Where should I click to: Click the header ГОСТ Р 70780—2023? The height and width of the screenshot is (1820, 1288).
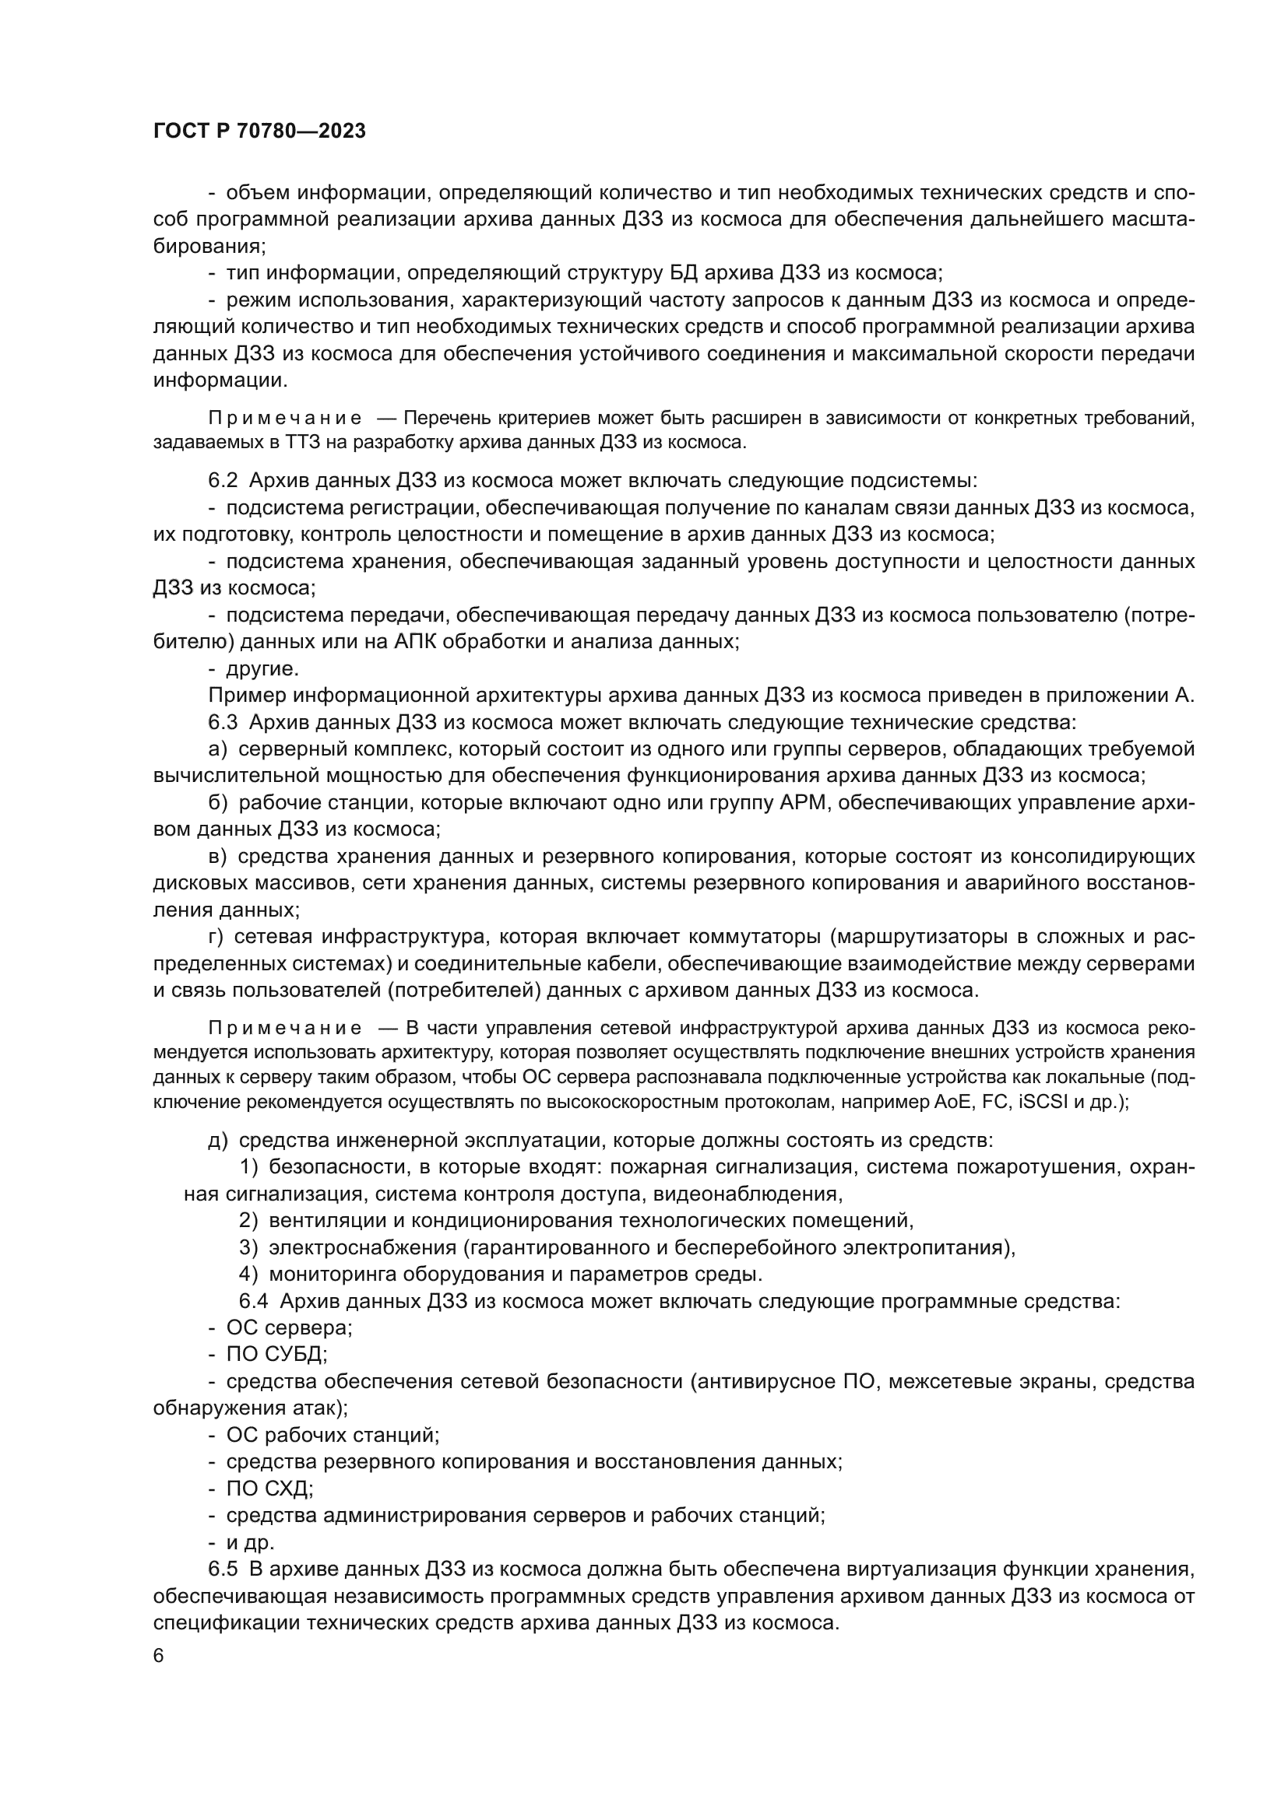[259, 132]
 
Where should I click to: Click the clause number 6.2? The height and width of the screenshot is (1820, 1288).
[223, 481]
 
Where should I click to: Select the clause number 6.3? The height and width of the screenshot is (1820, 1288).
[223, 722]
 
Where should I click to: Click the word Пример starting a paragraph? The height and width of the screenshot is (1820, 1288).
[247, 695]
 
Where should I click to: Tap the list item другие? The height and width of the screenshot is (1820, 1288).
[262, 669]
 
